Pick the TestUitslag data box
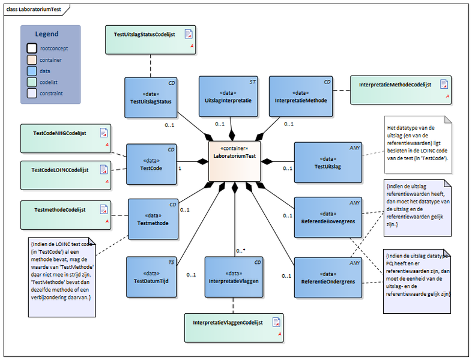[x=328, y=162]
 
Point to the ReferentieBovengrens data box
[x=328, y=216]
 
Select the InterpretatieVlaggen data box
[x=234, y=277]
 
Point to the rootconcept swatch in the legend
[x=32, y=47]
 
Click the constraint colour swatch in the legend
[x=32, y=93]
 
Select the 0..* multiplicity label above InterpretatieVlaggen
[x=240, y=251]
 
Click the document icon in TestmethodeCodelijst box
[x=103, y=210]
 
